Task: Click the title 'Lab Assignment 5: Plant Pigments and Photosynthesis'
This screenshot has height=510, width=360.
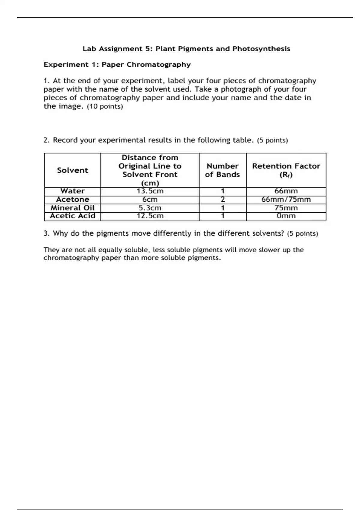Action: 186,49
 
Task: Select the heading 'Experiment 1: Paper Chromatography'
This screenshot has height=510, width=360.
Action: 117,65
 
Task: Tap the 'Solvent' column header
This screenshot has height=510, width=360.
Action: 73,170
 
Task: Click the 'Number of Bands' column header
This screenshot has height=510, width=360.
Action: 222,170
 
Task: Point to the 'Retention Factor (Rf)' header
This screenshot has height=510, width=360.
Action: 286,170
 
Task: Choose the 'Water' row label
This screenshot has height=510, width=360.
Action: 73,191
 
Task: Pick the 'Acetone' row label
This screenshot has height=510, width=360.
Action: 73,199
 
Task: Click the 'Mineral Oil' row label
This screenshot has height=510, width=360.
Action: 73,208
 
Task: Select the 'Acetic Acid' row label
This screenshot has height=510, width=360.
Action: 73,216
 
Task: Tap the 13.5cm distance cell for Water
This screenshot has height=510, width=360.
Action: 150,191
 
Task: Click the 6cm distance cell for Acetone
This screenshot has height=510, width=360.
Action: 150,199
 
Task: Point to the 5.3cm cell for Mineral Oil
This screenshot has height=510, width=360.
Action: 150,208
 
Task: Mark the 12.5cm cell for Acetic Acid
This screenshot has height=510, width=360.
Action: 150,216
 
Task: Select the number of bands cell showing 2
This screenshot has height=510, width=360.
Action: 223,199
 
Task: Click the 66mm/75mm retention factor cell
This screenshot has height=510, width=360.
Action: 286,199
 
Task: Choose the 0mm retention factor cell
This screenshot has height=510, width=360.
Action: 286,216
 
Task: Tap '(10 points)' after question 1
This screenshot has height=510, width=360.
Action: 105,106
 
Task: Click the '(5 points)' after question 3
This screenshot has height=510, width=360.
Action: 302,234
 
